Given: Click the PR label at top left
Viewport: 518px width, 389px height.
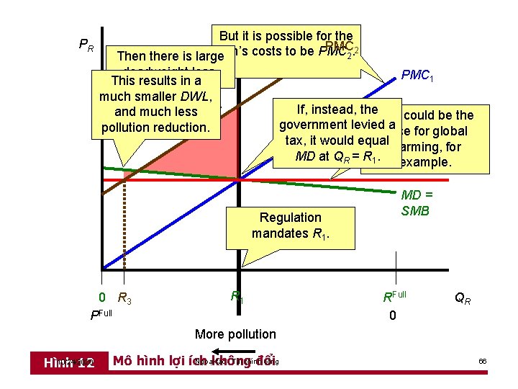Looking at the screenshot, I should (86, 45).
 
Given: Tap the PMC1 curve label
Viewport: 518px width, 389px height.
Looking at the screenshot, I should (417, 75).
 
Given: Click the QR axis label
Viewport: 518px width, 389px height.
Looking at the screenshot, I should (463, 297).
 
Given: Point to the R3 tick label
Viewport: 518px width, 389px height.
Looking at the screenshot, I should (124, 298).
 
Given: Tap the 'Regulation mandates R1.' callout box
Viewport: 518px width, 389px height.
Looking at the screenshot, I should (291, 225).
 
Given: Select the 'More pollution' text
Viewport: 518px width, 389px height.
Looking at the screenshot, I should (235, 334).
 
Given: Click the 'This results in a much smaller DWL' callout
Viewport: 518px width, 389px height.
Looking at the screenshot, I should (155, 104).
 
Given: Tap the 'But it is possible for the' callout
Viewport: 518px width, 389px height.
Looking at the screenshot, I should (286, 36).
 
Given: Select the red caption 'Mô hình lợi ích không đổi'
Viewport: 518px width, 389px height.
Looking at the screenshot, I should (195, 361).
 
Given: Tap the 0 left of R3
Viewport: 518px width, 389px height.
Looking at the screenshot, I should (102, 298).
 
